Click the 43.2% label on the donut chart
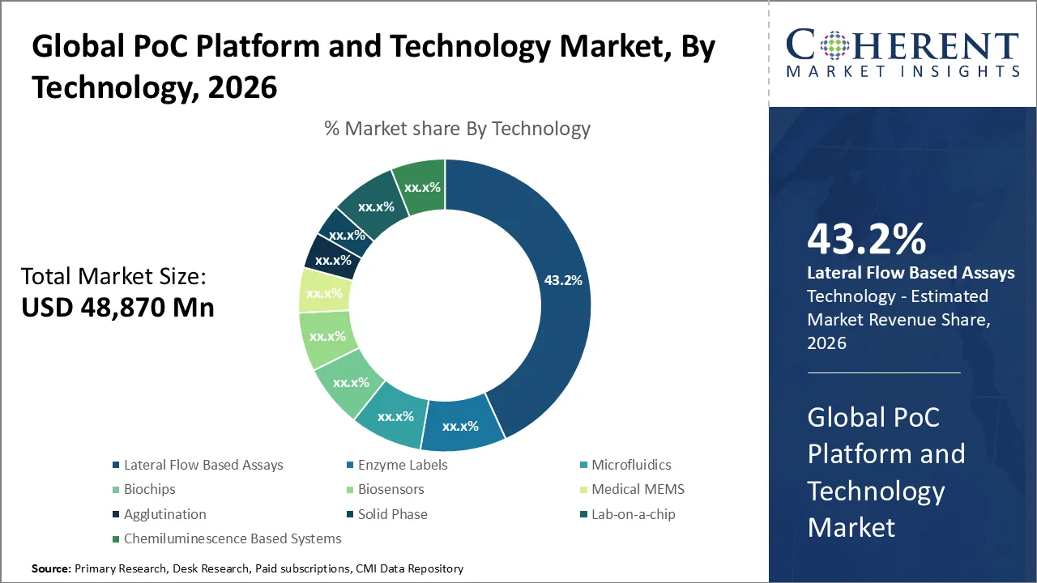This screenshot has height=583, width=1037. [562, 281]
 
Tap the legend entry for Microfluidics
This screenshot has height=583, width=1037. [630, 465]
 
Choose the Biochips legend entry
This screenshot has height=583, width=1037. [149, 489]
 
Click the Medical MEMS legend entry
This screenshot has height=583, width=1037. [638, 489]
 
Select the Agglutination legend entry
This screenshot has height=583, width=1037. [164, 514]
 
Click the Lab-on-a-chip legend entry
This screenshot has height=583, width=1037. [633, 514]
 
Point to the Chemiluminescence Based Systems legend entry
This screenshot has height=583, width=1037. [233, 538]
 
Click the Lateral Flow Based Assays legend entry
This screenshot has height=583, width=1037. [203, 465]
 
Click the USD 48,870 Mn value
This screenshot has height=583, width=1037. [117, 307]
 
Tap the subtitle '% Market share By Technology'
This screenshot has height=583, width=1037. [457, 128]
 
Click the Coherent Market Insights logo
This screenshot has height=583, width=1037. [903, 53]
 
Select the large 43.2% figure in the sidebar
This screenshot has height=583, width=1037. [866, 240]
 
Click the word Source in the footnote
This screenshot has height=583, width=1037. [51, 569]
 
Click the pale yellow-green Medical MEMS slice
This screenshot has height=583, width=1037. [323, 291]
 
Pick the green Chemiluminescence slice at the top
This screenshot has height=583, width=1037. [420, 188]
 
